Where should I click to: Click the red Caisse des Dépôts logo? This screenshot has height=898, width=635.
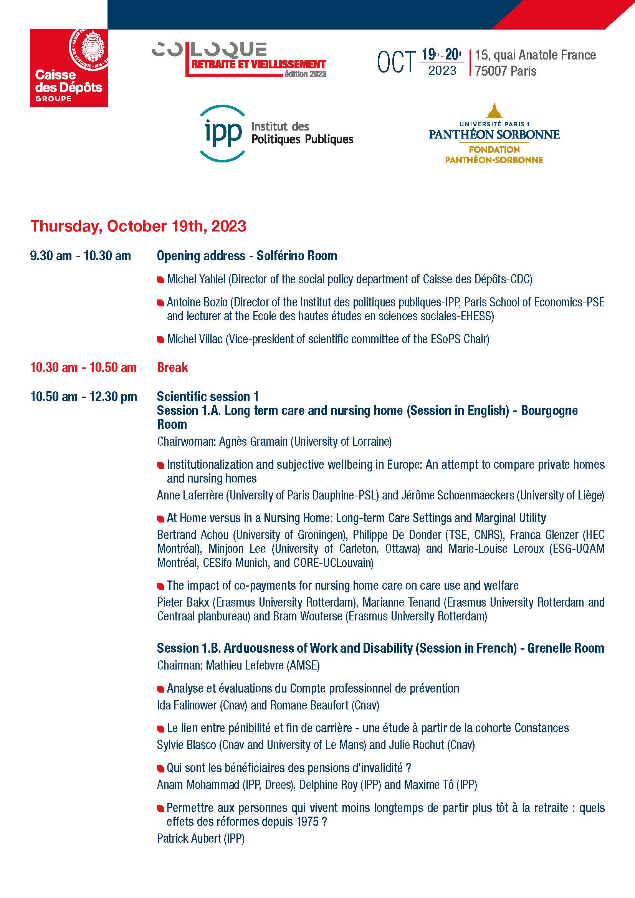pyautogui.click(x=69, y=68)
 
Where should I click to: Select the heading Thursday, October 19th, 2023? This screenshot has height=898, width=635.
pyautogui.click(x=139, y=227)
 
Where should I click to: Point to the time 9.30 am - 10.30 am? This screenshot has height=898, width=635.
pyautogui.click(x=80, y=256)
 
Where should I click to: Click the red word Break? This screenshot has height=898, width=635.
pyautogui.click(x=172, y=367)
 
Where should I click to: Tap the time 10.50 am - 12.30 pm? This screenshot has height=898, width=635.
pyautogui.click(x=83, y=397)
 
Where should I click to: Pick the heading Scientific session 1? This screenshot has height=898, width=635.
pyautogui.click(x=208, y=397)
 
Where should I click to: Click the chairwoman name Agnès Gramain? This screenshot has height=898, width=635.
pyautogui.click(x=253, y=442)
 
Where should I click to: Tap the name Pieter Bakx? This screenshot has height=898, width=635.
pyautogui.click(x=183, y=602)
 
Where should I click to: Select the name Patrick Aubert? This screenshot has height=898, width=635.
pyautogui.click(x=189, y=838)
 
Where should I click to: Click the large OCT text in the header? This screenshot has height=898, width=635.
pyautogui.click(x=396, y=63)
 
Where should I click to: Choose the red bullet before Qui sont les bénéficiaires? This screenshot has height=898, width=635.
pyautogui.click(x=160, y=769)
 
